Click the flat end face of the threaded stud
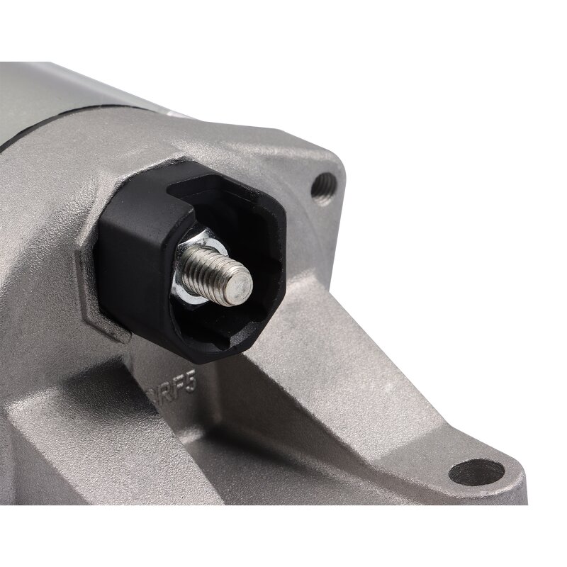coord(242,286)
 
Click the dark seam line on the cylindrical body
coord(71,142)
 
